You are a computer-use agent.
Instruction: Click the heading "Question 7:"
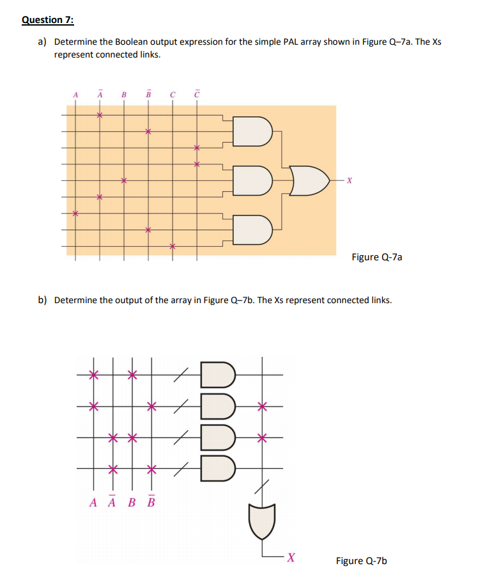click(x=47, y=19)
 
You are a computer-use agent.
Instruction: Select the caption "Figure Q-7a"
click(x=377, y=257)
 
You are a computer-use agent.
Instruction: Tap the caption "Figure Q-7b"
click(x=362, y=561)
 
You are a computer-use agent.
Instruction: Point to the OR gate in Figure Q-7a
click(x=310, y=180)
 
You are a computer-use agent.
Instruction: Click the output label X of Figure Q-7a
click(x=350, y=180)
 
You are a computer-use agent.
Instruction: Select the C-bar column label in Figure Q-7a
click(x=196, y=95)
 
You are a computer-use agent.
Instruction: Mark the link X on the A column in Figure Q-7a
click(x=75, y=214)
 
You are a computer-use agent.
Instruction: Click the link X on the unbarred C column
click(x=172, y=246)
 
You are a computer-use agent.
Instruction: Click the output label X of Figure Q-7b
click(x=290, y=557)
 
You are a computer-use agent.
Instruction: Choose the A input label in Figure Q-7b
click(x=93, y=501)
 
